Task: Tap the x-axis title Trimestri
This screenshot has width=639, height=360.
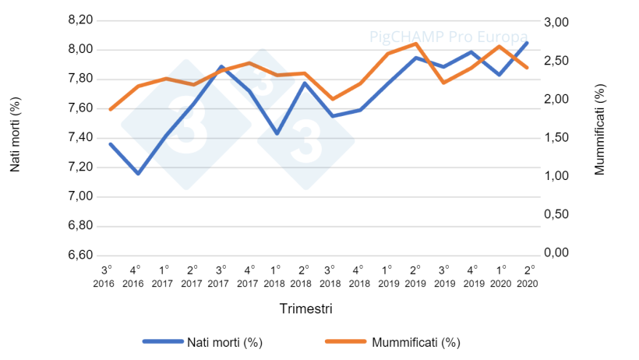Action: [306, 309]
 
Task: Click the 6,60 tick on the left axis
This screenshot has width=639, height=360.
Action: [80, 256]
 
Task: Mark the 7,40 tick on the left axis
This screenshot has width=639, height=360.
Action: [80, 138]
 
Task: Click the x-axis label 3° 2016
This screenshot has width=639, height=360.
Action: [103, 274]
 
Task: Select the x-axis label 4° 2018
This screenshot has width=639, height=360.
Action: [357, 274]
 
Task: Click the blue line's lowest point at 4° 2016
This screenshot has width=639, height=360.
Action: [138, 174]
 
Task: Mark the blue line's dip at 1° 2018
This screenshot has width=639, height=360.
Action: [277, 133]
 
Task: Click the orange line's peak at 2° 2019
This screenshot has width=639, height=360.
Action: [415, 44]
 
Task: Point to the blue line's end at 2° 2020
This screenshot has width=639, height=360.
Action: [528, 43]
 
